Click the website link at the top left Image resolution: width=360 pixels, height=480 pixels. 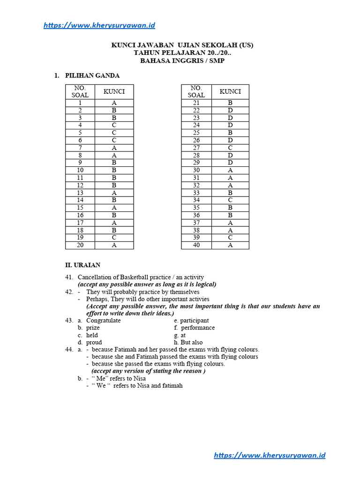pos(99,25)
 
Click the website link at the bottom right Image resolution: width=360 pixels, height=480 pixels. pos(270,455)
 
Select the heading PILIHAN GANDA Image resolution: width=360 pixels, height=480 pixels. pos(92,75)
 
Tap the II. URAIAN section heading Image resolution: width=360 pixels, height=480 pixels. pos(82,265)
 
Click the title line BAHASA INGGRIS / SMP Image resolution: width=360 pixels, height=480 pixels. pos(182,60)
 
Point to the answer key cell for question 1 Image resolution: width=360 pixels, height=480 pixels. pos(114,103)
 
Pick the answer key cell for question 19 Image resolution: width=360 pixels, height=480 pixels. pos(114,238)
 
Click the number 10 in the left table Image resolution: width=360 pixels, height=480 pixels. pos(80,170)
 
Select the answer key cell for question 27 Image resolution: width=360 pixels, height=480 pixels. pos(230,148)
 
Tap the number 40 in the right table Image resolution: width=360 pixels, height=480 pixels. pos(196,245)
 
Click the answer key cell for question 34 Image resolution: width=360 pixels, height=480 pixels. pos(230,200)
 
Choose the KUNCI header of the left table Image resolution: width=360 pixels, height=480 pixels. pos(114,91)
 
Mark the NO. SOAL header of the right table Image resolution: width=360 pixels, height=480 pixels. pos(196,91)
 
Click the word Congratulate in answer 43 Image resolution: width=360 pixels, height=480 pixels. pos(103,321)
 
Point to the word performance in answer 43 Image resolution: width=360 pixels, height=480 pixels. pos(198,328)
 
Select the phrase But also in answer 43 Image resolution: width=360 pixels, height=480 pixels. pos(191,342)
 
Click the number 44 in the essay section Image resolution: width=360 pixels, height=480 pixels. pos(69,350)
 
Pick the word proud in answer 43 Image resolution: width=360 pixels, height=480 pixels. pos(94,342)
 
